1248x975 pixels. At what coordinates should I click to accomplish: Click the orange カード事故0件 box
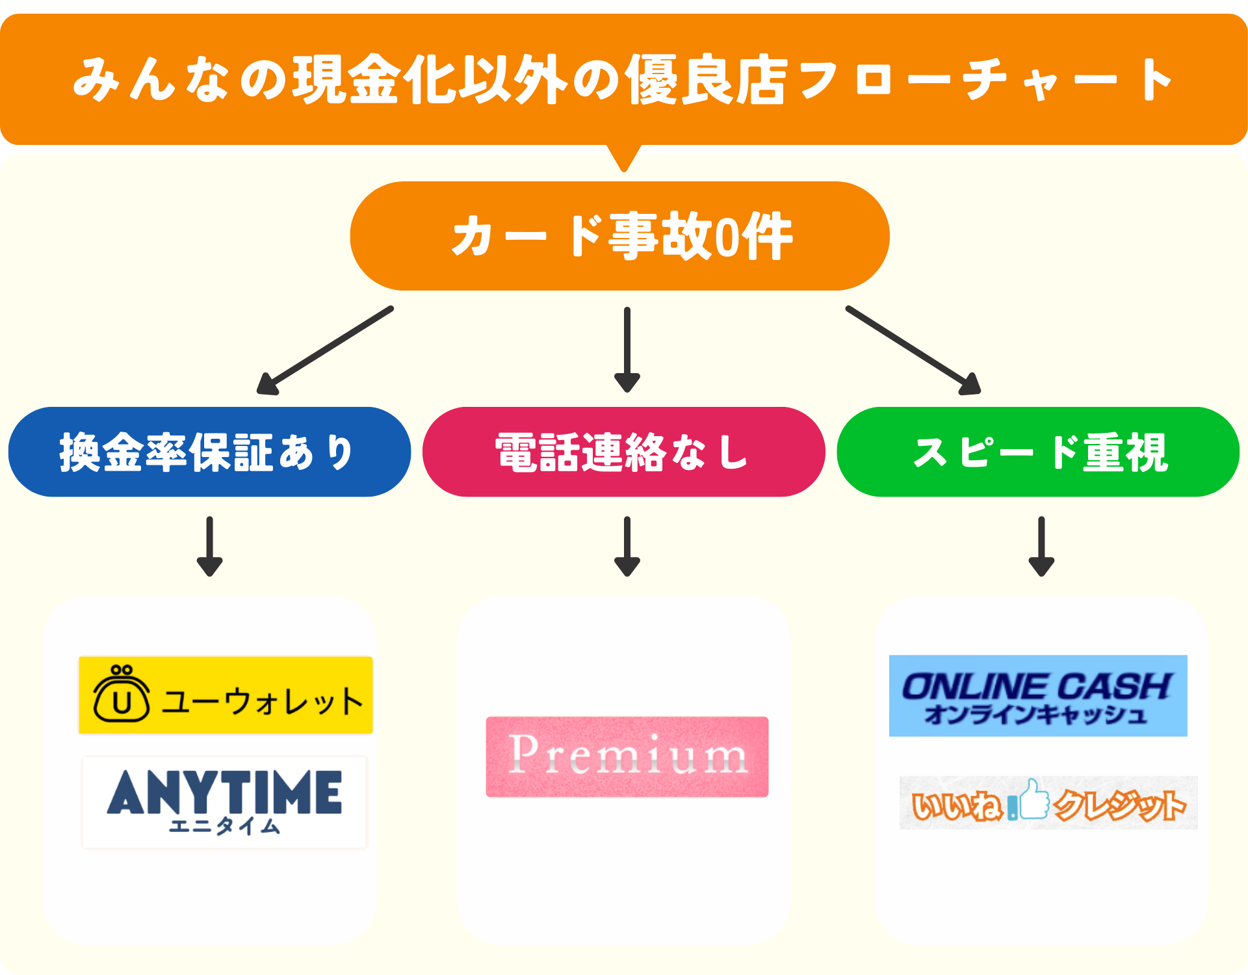coord(619,236)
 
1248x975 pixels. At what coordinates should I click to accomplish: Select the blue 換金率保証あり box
coord(209,452)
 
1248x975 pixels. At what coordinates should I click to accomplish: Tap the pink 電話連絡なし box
coord(623,452)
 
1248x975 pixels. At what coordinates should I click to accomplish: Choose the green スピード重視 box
coord(1038,452)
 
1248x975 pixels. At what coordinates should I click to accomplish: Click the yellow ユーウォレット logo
coord(226,695)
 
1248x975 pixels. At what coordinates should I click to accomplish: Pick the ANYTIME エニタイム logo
coord(225,802)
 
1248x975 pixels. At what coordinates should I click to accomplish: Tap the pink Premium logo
coord(627,757)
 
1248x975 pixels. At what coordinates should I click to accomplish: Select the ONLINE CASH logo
coord(1038,695)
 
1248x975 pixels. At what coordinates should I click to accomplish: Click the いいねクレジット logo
coord(1048,803)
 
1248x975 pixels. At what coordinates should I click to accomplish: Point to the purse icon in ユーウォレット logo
coord(122,695)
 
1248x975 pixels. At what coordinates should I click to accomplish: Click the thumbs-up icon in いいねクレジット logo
coord(1033,799)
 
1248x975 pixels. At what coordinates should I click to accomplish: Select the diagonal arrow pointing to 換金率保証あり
coord(325,350)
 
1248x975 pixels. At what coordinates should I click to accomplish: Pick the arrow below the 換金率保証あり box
coord(209,546)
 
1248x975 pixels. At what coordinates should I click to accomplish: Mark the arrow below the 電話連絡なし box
coord(627,546)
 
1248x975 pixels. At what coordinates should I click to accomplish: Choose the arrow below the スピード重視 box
coord(1041,546)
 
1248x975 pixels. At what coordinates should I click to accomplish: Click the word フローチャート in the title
coord(985,80)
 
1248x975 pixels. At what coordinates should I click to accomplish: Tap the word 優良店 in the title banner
coord(705,80)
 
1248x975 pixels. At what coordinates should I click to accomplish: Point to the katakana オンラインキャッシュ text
coord(1035,715)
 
